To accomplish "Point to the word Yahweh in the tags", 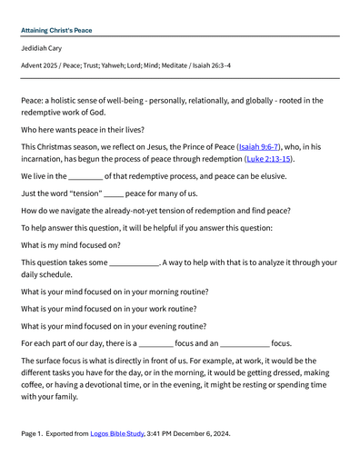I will (100, 65).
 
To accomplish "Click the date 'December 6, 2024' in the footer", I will (203, 433).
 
